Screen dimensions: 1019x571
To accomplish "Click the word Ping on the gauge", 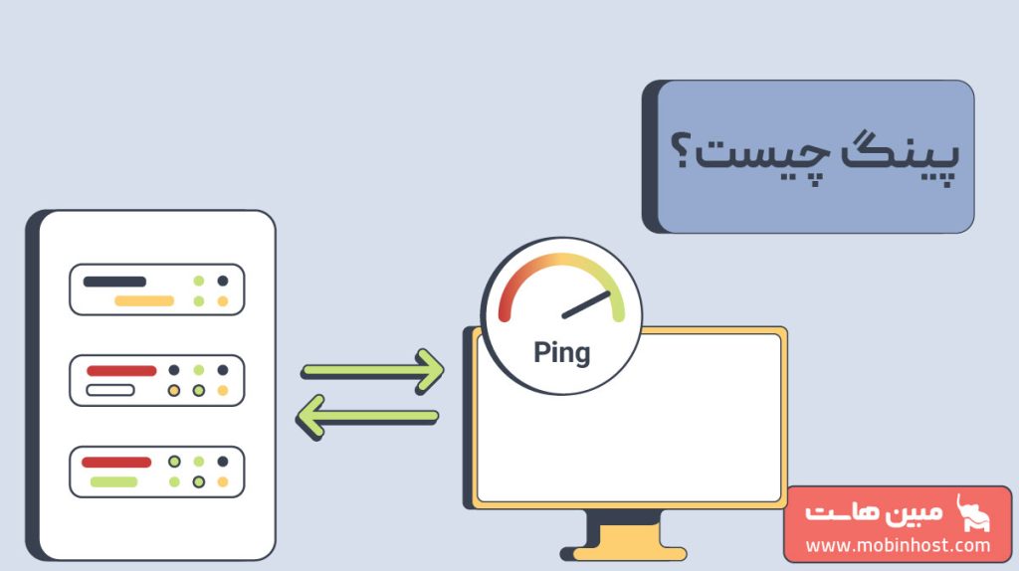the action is click(x=561, y=354).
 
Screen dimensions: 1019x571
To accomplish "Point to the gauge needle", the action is click(x=586, y=304).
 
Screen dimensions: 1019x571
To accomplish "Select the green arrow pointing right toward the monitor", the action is click(x=373, y=371).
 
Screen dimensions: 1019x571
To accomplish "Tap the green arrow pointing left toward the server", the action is click(x=367, y=417).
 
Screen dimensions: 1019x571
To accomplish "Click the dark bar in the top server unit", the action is click(x=114, y=282).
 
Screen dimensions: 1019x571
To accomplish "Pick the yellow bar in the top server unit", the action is click(x=144, y=300).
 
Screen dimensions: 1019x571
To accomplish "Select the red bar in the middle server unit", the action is click(x=121, y=371).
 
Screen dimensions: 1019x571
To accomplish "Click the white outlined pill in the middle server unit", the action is click(x=110, y=390).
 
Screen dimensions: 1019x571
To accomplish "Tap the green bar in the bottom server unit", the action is click(x=113, y=482).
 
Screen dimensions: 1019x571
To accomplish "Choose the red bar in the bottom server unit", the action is click(x=116, y=463).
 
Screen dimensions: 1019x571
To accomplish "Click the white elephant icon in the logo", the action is click(x=972, y=514).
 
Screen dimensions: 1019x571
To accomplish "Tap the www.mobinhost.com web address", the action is click(x=899, y=545).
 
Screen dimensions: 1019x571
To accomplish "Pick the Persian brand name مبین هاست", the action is click(x=874, y=512).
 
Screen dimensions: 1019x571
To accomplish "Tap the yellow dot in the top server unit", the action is click(x=222, y=300).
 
